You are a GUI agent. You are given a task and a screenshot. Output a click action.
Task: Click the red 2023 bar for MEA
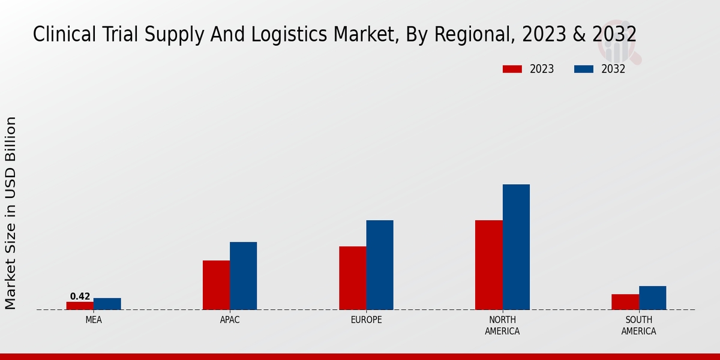[80, 305]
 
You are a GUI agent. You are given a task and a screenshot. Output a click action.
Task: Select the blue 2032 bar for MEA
[107, 304]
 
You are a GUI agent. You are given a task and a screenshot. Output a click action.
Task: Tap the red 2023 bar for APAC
[216, 285]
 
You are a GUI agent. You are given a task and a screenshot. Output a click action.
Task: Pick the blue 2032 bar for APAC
[243, 275]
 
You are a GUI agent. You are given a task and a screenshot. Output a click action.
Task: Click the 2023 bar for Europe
[352, 278]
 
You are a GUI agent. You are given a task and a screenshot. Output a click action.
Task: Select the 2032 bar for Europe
[380, 265]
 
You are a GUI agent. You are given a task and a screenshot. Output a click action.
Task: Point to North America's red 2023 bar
[488, 265]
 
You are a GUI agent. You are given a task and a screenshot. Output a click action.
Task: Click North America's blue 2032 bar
[516, 247]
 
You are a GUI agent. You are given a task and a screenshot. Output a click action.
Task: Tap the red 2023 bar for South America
[625, 302]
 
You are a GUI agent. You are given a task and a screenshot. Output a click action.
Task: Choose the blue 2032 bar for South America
[652, 298]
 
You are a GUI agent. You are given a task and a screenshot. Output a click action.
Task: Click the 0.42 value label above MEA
[80, 296]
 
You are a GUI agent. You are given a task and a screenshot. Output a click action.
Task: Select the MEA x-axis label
[94, 320]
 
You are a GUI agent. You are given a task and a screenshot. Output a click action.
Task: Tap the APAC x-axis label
[230, 320]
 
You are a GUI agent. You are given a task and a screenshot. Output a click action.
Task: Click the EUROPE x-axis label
[366, 320]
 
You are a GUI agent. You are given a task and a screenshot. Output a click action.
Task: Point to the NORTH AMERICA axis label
[502, 326]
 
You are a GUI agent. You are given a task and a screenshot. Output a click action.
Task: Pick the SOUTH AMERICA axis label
[638, 326]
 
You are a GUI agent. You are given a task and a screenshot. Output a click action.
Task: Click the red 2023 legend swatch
[512, 69]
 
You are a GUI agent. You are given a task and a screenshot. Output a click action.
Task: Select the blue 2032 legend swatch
[584, 69]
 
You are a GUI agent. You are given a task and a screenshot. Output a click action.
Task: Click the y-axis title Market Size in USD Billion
[11, 213]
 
